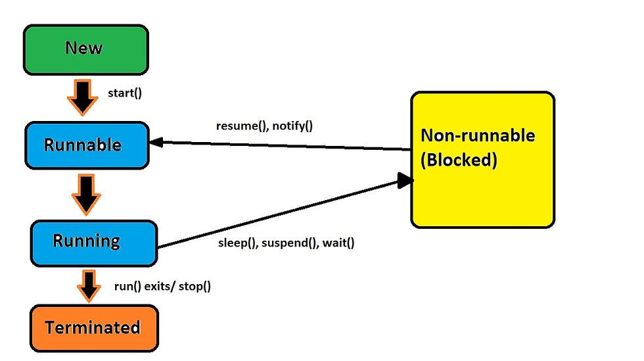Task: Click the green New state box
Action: pyautogui.click(x=85, y=49)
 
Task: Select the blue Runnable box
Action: pyautogui.click(x=83, y=145)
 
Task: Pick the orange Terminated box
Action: pyautogui.click(x=93, y=327)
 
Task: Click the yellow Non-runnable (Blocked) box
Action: pyautogui.click(x=482, y=160)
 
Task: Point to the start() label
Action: pyautogui.click(x=125, y=93)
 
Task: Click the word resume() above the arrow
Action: pyautogui.click(x=240, y=125)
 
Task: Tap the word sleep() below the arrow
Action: pyautogui.click(x=237, y=243)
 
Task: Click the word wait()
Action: pyautogui.click(x=338, y=243)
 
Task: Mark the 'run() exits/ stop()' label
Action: pyautogui.click(x=167, y=286)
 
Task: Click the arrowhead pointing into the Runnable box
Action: pyautogui.click(x=158, y=140)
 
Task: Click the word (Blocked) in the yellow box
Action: pyautogui.click(x=459, y=160)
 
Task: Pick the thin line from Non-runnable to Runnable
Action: pyautogui.click(x=283, y=145)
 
